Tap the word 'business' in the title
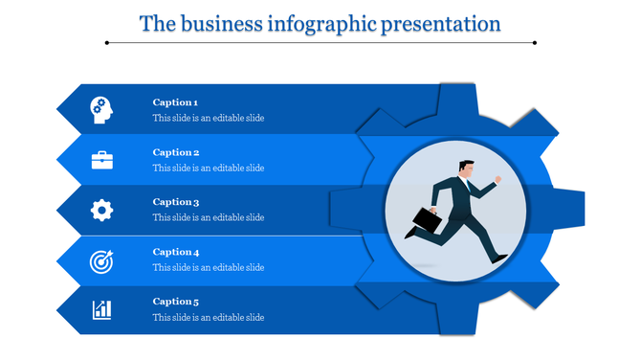(x=218, y=23)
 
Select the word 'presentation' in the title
(x=442, y=23)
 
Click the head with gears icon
(x=101, y=110)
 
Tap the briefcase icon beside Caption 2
(x=102, y=160)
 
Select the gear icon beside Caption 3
(x=102, y=210)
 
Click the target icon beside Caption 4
(x=101, y=259)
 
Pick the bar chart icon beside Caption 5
(x=101, y=309)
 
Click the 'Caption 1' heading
(x=175, y=102)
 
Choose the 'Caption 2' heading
(x=175, y=152)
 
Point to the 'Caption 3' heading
(x=175, y=202)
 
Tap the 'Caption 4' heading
(x=175, y=252)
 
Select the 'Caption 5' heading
(x=175, y=302)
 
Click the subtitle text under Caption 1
(x=208, y=119)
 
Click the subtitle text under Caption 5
(x=208, y=318)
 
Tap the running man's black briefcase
(x=428, y=221)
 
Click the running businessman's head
(x=466, y=169)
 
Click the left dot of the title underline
(x=106, y=42)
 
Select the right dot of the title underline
(x=535, y=42)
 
